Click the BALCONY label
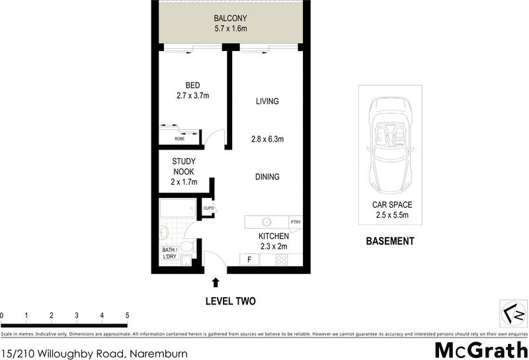pos(230,19)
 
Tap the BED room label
pos(192,85)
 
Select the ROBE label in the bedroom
pos(179,139)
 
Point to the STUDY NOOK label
pos(183,166)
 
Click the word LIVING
pos(267,101)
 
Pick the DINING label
pos(267,177)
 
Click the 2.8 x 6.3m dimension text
pos(267,139)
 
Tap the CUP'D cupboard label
pos(208,209)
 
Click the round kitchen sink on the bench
pos(268,222)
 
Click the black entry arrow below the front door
pos(216,283)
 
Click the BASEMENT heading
pos(390,242)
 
